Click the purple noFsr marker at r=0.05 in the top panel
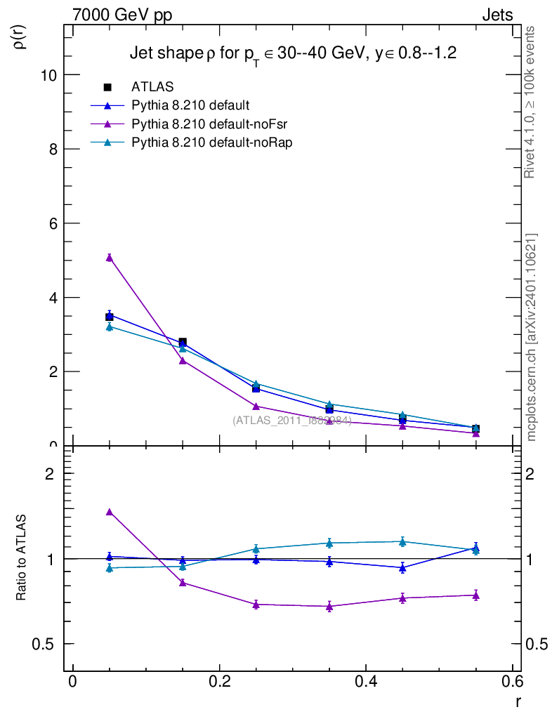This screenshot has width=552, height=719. tap(110, 258)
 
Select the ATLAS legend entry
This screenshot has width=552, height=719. tap(152, 87)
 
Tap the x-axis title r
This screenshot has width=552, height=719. tap(518, 700)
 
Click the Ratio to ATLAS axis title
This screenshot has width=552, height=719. tap(22, 558)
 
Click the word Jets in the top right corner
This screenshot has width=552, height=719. tap(497, 15)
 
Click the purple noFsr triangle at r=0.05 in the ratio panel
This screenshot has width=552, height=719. tap(110, 512)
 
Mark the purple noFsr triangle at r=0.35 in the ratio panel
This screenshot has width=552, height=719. tap(329, 606)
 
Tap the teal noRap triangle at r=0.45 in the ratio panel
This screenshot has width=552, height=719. tap(402, 541)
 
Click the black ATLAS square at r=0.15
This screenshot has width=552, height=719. tap(183, 342)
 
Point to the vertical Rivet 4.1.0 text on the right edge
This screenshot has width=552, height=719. tap(530, 102)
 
